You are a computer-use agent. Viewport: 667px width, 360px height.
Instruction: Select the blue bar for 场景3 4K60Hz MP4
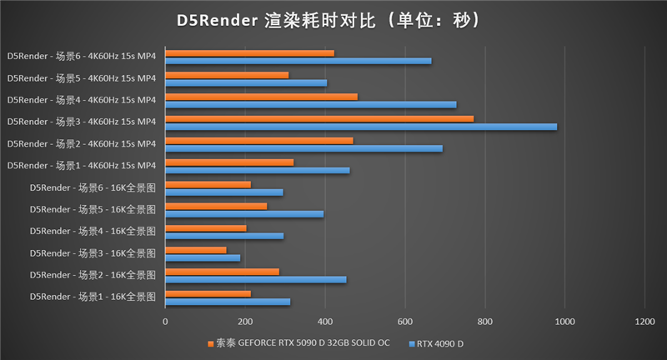pos(360,127)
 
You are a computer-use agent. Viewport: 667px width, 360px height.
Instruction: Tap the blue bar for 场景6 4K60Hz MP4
pos(298,61)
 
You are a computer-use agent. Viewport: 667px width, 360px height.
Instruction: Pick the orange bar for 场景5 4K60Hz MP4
pos(227,74)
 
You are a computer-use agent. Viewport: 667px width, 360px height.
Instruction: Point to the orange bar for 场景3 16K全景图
pos(196,249)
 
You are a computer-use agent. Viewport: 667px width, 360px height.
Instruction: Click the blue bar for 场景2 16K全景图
pos(255,279)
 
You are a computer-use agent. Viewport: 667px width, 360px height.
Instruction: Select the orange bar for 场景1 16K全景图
pos(208,292)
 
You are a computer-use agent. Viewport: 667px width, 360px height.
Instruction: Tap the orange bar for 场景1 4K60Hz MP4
pos(229,162)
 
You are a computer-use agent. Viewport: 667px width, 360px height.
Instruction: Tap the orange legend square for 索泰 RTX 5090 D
pos(210,342)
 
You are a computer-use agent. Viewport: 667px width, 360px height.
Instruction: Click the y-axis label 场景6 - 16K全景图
pos(93,187)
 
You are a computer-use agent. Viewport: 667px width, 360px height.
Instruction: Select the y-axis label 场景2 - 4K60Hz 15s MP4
pos(82,143)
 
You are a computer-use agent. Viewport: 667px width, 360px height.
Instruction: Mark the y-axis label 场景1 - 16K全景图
pos(93,297)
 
